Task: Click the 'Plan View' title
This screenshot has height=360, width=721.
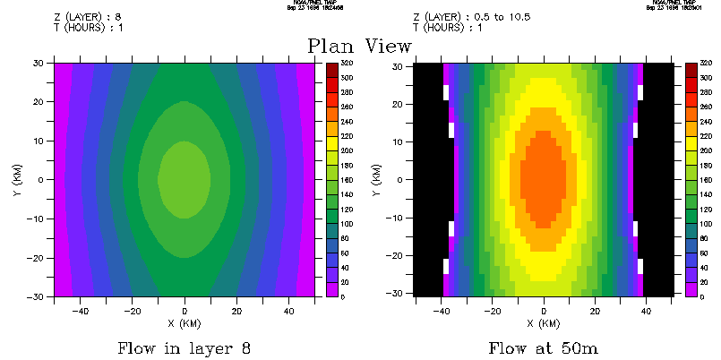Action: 359,47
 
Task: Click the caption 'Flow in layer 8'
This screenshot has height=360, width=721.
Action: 185,347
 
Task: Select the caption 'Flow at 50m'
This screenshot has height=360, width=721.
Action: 544,347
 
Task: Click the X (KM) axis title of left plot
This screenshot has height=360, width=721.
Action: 185,322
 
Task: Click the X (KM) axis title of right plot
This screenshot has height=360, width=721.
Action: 544,322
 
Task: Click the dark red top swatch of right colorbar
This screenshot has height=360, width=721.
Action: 691,70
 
